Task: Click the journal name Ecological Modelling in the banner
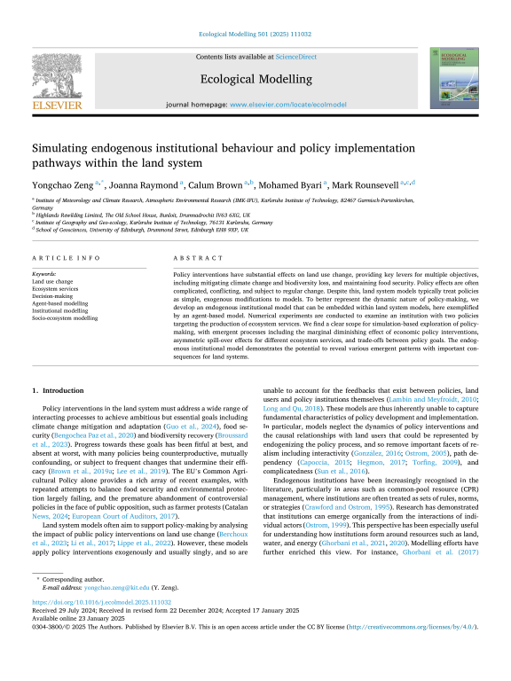click(255, 76)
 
